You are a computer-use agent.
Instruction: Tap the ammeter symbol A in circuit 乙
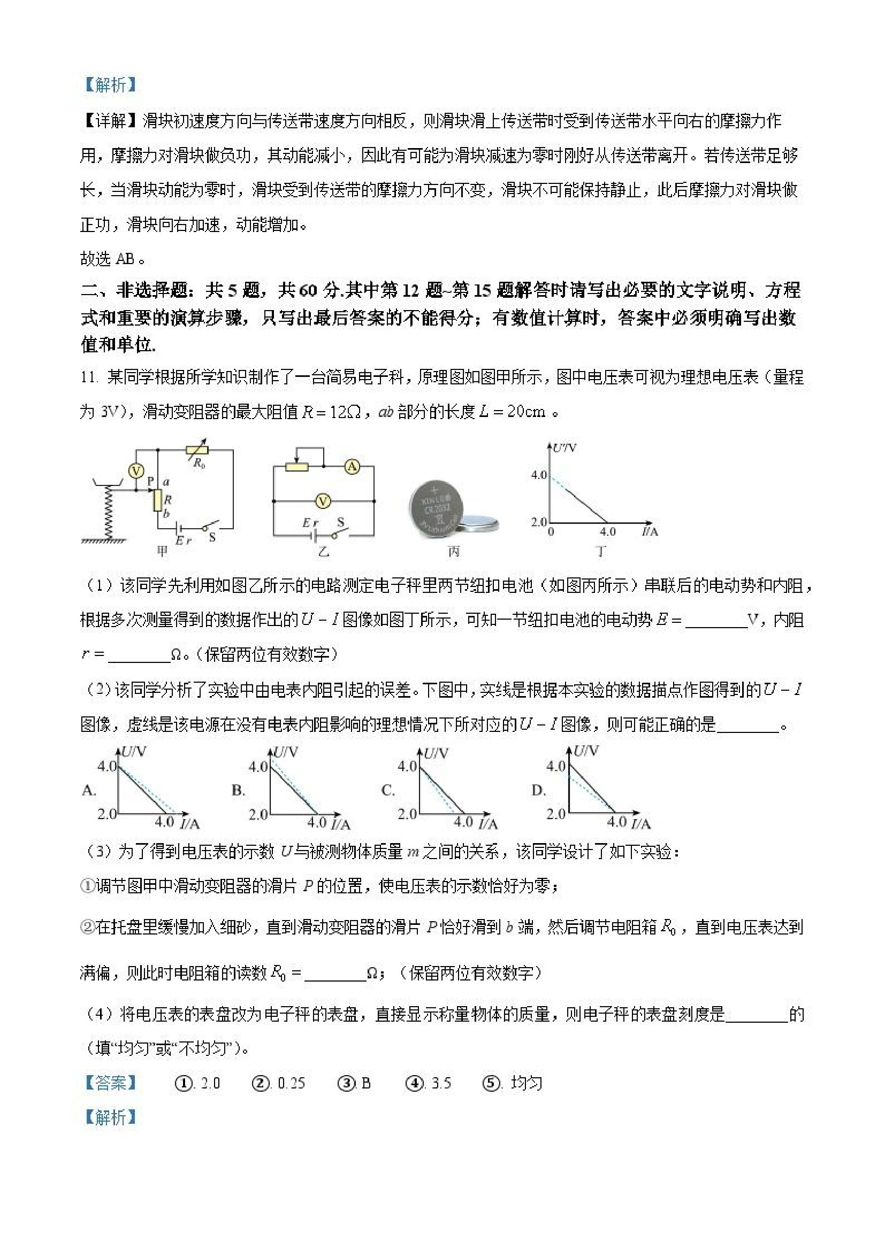[353, 466]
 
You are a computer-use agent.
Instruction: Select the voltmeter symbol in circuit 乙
[323, 501]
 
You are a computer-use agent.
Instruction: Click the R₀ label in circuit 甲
[199, 464]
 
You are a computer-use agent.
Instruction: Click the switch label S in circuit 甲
[212, 537]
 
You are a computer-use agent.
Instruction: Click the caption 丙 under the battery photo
[454, 552]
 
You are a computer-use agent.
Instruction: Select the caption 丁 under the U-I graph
[600, 551]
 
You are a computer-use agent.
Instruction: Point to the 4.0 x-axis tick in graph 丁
[607, 531]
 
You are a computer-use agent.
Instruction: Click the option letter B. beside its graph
[238, 790]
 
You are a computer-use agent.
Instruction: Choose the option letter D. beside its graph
[538, 790]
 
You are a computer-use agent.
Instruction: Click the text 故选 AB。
[112, 259]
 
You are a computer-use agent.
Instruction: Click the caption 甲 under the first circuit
[162, 551]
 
